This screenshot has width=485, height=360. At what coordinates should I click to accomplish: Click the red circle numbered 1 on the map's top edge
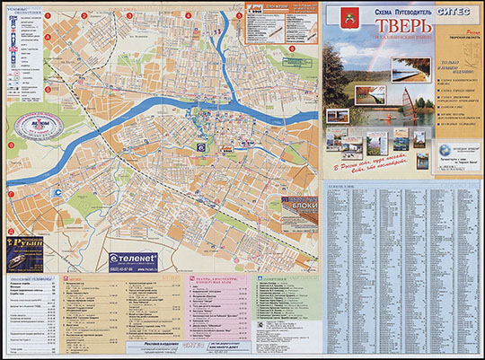point(46,15)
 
